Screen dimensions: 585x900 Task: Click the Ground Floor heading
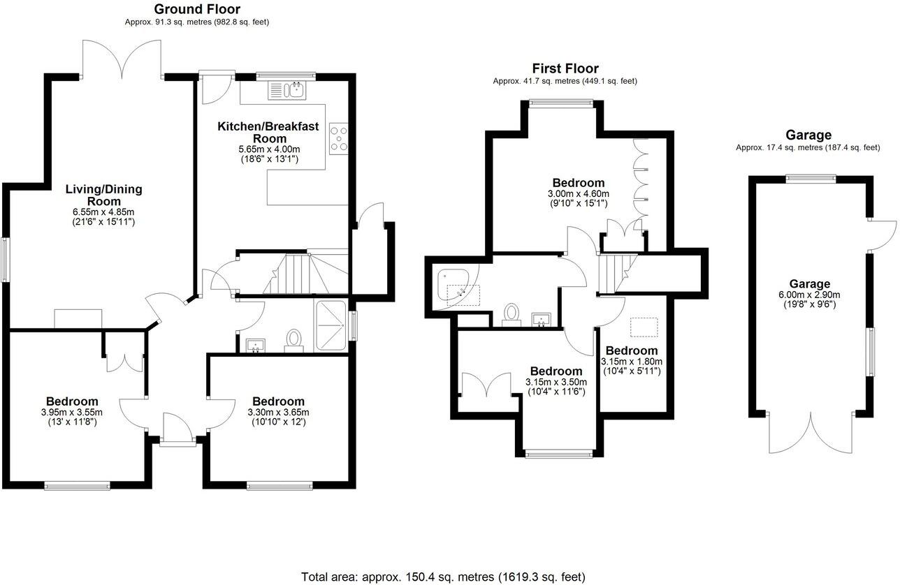(196, 9)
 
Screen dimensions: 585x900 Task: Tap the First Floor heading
(565, 68)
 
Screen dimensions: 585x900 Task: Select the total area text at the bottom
(443, 577)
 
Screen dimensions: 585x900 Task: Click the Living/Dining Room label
(103, 195)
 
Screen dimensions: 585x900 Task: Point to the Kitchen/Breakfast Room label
(268, 132)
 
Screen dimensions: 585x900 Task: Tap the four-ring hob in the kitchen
(339, 137)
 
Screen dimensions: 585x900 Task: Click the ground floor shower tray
(332, 326)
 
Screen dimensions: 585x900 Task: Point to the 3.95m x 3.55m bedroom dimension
(72, 412)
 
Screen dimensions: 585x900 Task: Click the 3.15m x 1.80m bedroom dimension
(631, 362)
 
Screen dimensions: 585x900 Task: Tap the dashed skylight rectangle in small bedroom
(644, 327)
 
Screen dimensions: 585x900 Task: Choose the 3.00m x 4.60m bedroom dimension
(578, 193)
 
